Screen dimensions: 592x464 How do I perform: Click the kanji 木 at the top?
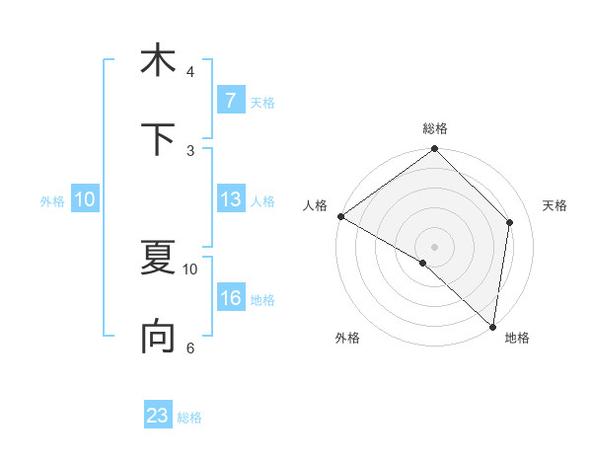click(x=158, y=60)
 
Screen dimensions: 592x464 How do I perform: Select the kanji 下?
click(x=158, y=139)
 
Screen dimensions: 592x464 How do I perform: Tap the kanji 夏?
click(x=158, y=259)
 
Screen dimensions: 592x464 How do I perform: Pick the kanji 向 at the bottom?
click(x=158, y=338)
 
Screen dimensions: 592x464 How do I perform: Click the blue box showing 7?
click(x=230, y=101)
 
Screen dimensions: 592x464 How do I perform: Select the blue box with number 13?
click(x=230, y=199)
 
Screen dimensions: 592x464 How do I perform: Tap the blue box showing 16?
click(x=230, y=299)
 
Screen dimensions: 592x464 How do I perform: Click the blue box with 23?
click(x=158, y=416)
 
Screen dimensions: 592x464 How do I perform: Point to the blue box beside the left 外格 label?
click(x=85, y=199)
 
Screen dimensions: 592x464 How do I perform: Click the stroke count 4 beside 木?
click(x=190, y=72)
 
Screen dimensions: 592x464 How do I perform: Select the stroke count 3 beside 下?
click(x=190, y=151)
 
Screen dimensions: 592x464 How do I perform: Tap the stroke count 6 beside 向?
click(x=190, y=348)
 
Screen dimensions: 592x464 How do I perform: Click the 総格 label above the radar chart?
click(x=435, y=128)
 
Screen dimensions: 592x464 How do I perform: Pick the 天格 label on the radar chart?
click(x=555, y=205)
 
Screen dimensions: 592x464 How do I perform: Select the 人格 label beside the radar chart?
click(x=315, y=205)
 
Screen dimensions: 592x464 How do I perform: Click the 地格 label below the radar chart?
click(x=517, y=338)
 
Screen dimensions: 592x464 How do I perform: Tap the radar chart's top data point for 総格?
click(x=435, y=150)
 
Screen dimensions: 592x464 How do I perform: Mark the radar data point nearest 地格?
click(x=493, y=326)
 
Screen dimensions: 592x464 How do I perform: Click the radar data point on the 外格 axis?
click(x=422, y=264)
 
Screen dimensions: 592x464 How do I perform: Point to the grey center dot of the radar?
click(x=435, y=246)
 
